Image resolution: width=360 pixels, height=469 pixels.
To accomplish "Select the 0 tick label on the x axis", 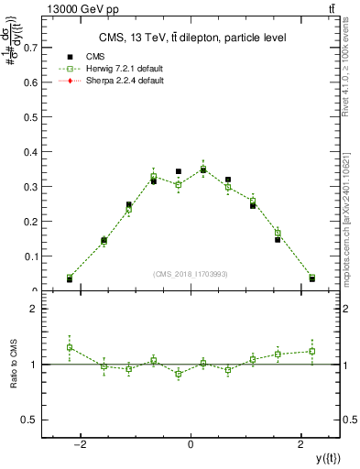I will (x=191, y=445).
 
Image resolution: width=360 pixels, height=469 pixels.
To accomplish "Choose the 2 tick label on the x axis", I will (x=301, y=445).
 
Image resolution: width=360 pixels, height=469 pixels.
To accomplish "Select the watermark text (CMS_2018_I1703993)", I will (x=190, y=274).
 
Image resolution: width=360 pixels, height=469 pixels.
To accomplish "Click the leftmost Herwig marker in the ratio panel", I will (x=70, y=347).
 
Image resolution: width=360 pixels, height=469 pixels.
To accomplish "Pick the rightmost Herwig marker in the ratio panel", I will (x=312, y=351).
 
